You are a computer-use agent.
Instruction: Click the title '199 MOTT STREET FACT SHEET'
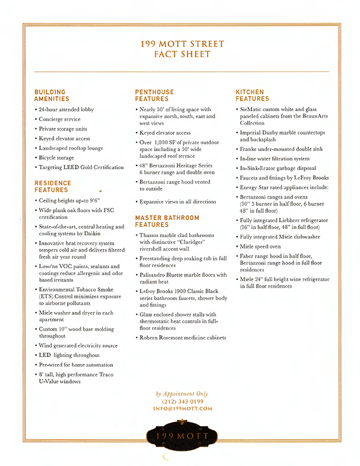pos(180,49)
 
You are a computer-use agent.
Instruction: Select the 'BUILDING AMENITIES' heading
pos(52,95)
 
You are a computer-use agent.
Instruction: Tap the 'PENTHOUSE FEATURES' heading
pos(155,95)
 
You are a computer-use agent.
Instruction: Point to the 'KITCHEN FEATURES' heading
pos(252,95)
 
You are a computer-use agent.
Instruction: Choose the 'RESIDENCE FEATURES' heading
pos(52,187)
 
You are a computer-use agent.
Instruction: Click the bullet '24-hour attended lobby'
pos(66,109)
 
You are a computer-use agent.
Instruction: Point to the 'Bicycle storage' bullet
pos(56,158)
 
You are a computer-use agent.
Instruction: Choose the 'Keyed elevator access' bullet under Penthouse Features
pos(165,133)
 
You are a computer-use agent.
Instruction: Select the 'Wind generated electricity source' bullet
pos(78,345)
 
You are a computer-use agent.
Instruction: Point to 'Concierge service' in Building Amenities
pos(61,119)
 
